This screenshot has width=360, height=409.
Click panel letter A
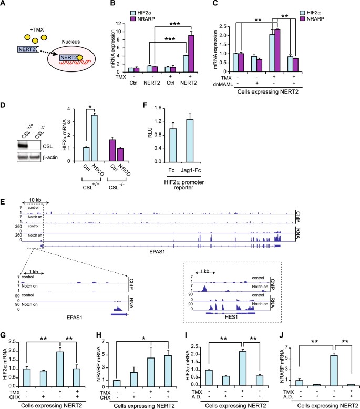(x=4, y=5)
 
